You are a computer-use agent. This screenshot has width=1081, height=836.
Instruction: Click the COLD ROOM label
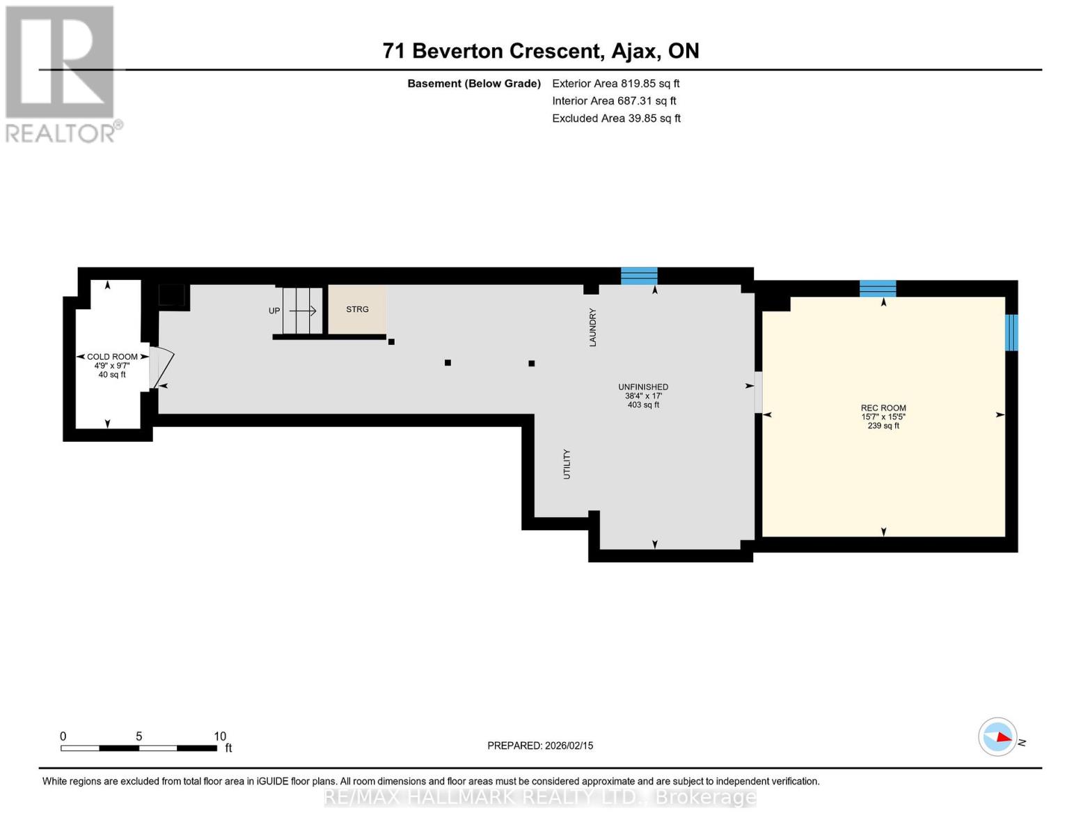pos(112,357)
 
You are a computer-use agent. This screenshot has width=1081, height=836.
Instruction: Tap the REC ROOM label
pos(883,408)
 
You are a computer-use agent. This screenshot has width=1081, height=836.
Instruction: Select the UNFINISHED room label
pos(642,387)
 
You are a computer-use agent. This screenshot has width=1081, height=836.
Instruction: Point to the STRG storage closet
pos(357,309)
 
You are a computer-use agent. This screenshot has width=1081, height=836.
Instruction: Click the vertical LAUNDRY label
pos(592,327)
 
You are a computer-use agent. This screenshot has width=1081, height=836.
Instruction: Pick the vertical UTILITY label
pos(567,464)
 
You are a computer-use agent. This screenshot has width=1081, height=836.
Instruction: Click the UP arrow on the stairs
pos(303,311)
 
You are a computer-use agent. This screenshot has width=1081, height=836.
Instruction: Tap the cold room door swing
pos(161,367)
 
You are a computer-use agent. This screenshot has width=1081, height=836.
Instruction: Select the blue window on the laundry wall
pos(639,276)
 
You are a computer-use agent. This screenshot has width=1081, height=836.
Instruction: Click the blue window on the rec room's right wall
pos(1011,332)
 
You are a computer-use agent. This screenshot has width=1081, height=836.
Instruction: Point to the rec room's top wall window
pos(878,289)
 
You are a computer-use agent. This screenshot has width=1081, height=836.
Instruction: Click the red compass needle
pos(1004,737)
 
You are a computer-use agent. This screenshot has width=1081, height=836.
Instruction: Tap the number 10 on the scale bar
pos(220,736)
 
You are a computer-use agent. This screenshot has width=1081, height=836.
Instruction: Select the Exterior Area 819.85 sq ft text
pos(616,84)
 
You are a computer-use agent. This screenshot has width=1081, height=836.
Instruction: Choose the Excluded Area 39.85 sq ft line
pos(616,118)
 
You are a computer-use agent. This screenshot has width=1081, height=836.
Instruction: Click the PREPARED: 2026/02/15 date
pos(540,745)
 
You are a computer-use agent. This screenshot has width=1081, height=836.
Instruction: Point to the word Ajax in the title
pos(633,52)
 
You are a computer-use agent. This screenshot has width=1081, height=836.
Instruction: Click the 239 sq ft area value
pos(883,426)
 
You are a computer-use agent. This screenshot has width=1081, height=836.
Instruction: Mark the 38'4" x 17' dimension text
pos(643,396)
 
